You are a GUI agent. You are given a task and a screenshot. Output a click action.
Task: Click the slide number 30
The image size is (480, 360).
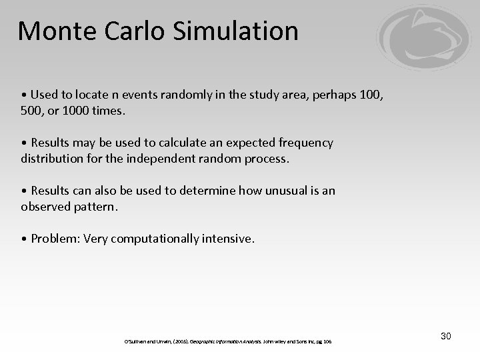(x=445, y=336)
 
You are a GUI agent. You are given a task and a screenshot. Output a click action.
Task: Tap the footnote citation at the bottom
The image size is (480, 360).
(x=229, y=341)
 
